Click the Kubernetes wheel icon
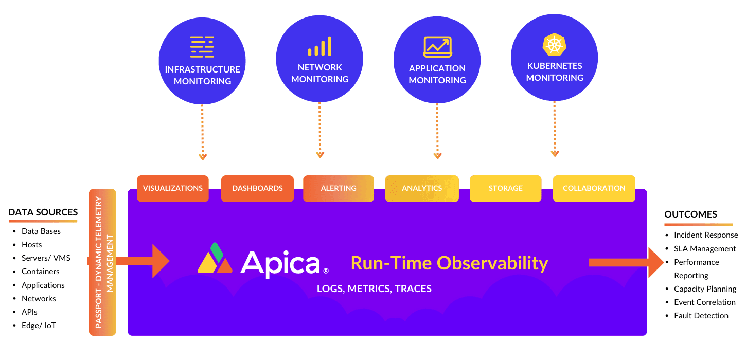tap(554, 45)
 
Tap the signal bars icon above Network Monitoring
tap(319, 46)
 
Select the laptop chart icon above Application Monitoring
tap(437, 47)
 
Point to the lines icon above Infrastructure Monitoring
tap(202, 47)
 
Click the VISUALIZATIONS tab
tap(173, 188)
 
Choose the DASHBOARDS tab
tap(257, 188)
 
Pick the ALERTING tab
tap(339, 188)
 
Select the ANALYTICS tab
tap(422, 188)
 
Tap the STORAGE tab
tap(506, 188)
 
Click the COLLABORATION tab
tap(594, 188)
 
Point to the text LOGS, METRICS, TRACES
tap(374, 289)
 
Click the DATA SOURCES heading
tap(43, 212)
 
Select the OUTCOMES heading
tap(690, 214)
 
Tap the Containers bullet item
tap(40, 272)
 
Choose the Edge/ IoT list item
tap(39, 326)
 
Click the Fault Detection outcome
tap(701, 315)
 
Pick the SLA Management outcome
tap(705, 249)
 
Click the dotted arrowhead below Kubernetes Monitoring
tap(555, 153)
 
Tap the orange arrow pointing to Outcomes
tap(626, 263)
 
